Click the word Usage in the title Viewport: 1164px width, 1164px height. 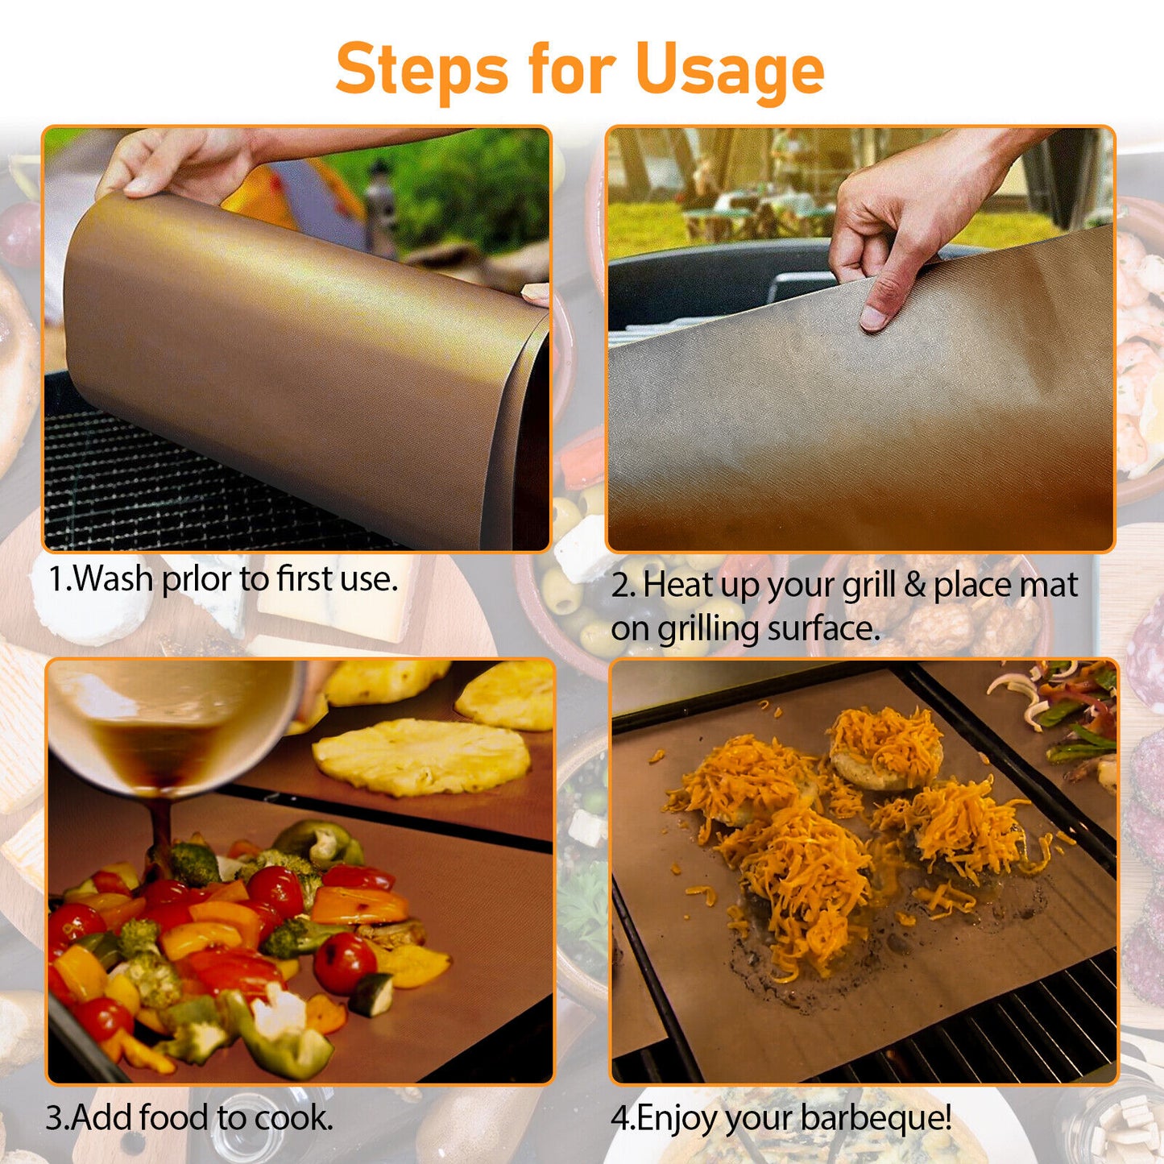729,70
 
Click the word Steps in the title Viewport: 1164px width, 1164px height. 421,70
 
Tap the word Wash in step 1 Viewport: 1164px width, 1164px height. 113,578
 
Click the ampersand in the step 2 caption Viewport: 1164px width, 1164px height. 913,586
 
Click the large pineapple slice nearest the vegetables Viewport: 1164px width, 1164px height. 420,756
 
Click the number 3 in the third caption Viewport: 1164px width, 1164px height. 55,1118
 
